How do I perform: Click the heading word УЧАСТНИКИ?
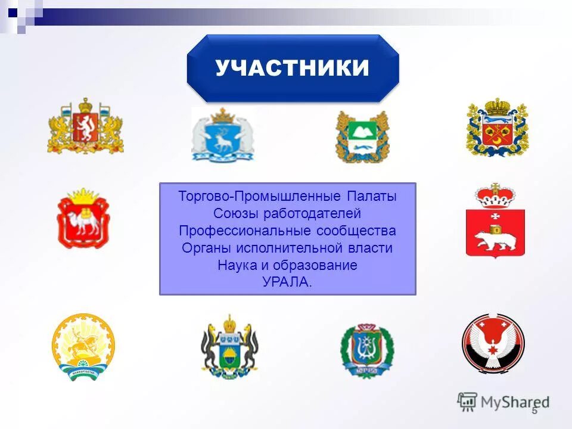coord(292,69)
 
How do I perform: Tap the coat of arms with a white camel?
coord(83,219)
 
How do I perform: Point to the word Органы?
coord(200,248)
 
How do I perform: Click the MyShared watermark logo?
coord(503,402)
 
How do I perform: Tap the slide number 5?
coord(534,411)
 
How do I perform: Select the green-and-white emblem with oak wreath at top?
coord(362,136)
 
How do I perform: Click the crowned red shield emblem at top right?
coord(497,128)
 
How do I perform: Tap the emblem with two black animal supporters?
coord(229,348)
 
